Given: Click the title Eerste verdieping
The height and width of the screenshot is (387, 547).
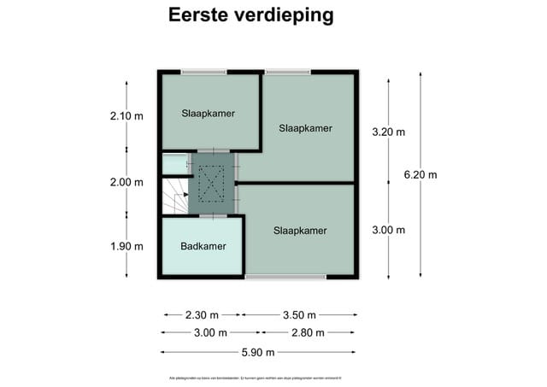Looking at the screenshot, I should point(250,15).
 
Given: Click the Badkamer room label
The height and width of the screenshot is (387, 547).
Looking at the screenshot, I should point(203,247).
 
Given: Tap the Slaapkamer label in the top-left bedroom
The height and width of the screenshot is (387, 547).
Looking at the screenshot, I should point(208,113).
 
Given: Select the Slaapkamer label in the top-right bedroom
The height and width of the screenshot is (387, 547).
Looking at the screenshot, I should point(305,128).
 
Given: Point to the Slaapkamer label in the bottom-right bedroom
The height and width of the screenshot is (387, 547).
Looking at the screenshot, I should point(300,231).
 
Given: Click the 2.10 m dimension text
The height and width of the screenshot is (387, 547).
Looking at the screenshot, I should point(126,115).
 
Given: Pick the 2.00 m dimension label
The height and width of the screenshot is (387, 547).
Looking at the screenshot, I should point(126,182).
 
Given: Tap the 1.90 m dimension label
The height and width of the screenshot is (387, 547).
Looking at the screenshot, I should point(126,246).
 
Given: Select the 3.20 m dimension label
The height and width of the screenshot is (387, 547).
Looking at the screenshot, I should point(388,132).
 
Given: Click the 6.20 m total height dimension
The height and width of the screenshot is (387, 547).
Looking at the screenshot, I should point(420,175).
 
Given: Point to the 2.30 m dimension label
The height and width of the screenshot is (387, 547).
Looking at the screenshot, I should point(202,314).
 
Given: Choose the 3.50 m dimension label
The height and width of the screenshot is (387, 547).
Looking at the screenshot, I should point(299,314).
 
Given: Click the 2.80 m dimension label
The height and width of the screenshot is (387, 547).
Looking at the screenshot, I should point(308,333).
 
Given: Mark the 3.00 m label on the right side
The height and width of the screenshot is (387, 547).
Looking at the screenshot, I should point(388,230).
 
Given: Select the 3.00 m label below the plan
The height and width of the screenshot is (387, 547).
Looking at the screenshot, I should point(210,333).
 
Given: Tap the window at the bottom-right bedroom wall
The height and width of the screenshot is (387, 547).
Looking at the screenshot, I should point(285,277).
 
